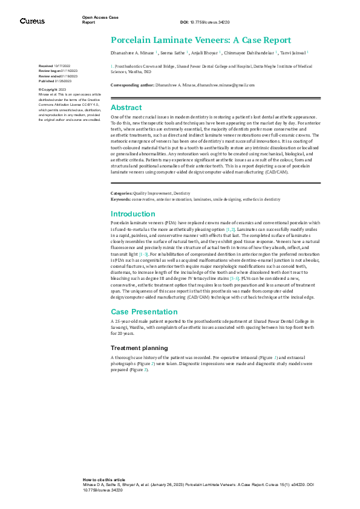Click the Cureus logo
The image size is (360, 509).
click(32, 21)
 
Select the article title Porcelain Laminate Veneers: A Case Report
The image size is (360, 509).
click(200, 41)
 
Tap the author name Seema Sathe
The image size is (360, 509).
click(172, 53)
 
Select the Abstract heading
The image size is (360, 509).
click(126, 108)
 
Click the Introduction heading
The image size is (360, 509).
click(133, 214)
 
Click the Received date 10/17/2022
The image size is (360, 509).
click(62, 65)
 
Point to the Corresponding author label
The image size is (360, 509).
click(133, 86)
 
